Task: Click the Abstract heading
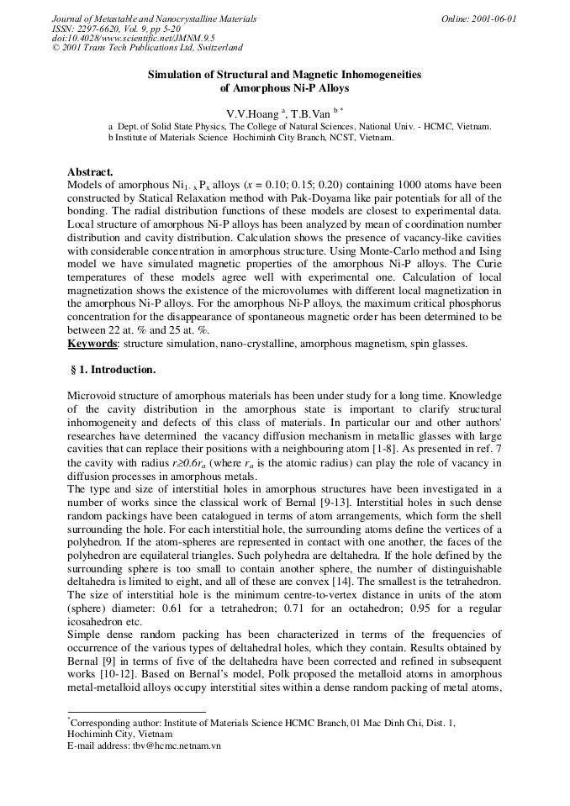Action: (x=90, y=171)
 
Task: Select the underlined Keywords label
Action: (x=92, y=344)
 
